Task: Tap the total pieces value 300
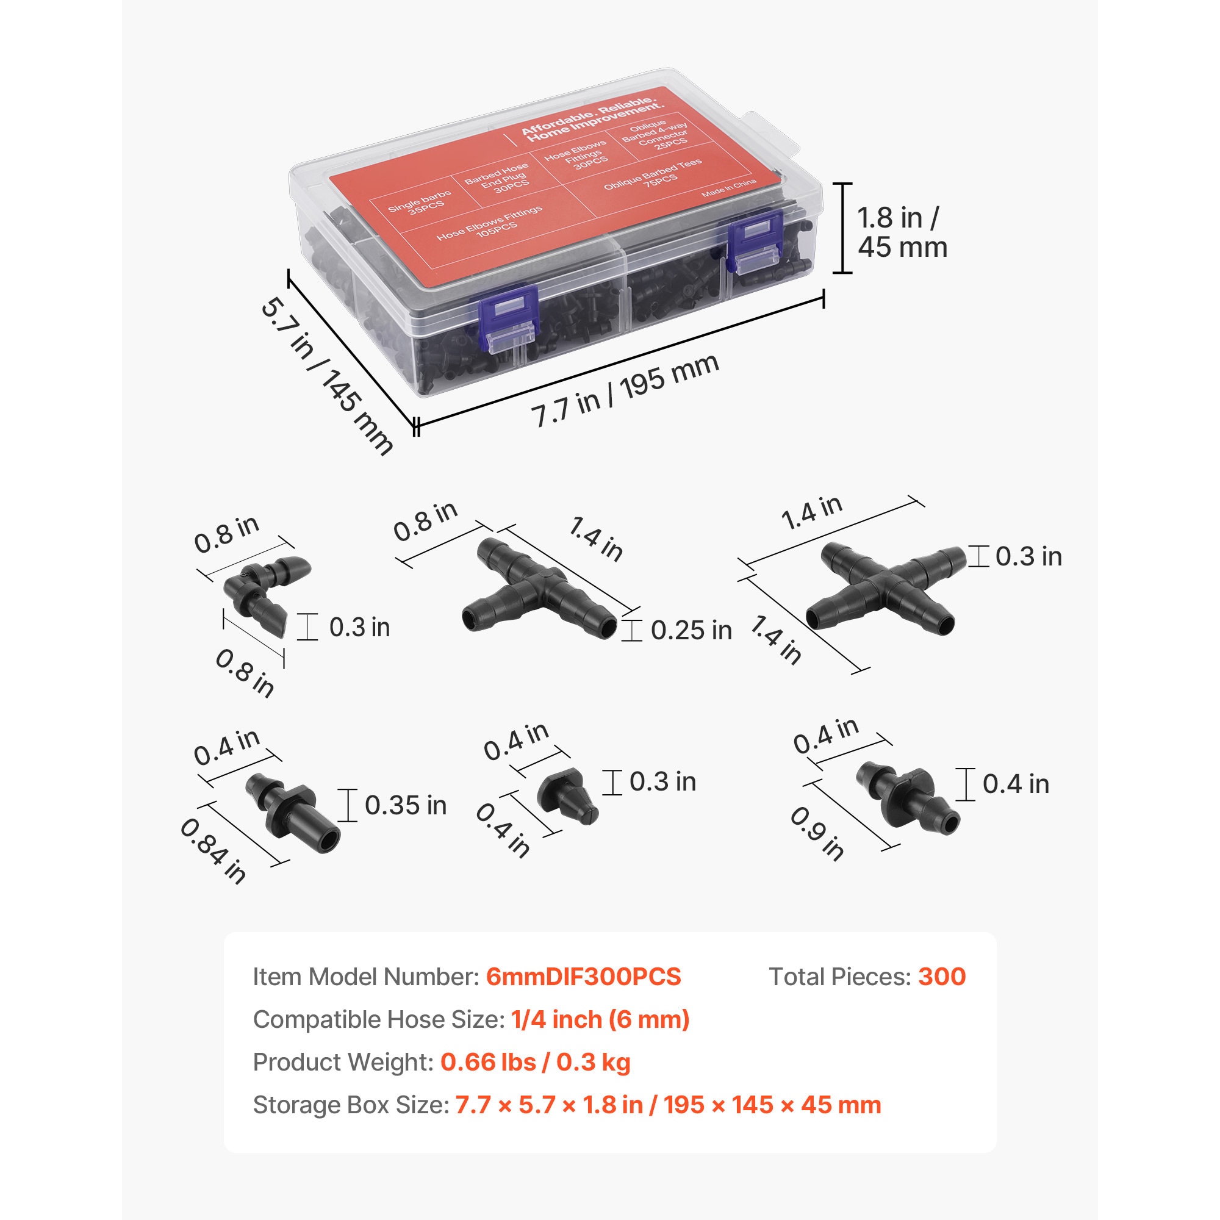(941, 977)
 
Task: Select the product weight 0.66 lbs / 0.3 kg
(536, 1062)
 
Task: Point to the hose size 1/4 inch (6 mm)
(600, 1019)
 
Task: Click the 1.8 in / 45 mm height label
(902, 232)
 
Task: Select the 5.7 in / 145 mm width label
(327, 376)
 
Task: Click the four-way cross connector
(886, 588)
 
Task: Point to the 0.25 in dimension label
(691, 630)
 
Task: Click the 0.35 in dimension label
(406, 805)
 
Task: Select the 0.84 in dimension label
(213, 850)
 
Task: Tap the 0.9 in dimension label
(817, 833)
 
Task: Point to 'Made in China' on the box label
(729, 187)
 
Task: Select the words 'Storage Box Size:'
(351, 1105)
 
